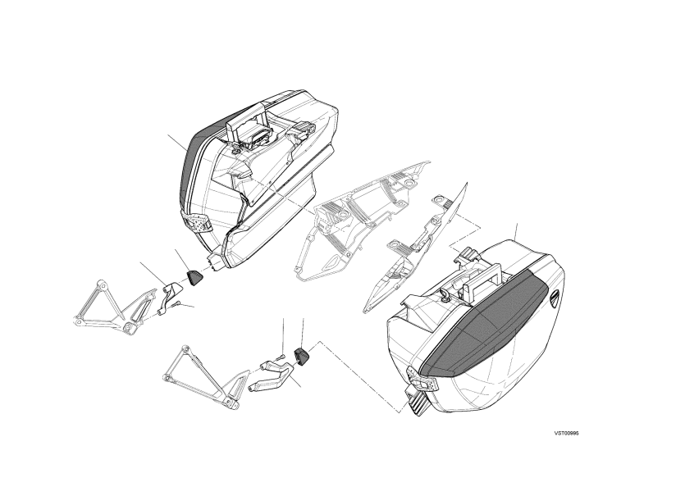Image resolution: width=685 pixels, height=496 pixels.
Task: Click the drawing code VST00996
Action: [x=567, y=433]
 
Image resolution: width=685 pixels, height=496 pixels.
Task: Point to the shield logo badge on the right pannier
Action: [x=554, y=300]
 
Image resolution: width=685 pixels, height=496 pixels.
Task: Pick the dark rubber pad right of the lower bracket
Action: [x=301, y=354]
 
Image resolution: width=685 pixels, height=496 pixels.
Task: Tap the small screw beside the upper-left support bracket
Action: [x=176, y=304]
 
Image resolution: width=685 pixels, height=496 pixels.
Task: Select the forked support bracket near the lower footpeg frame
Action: [x=273, y=374]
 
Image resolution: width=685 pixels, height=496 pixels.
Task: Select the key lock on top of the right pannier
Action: [x=445, y=296]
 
